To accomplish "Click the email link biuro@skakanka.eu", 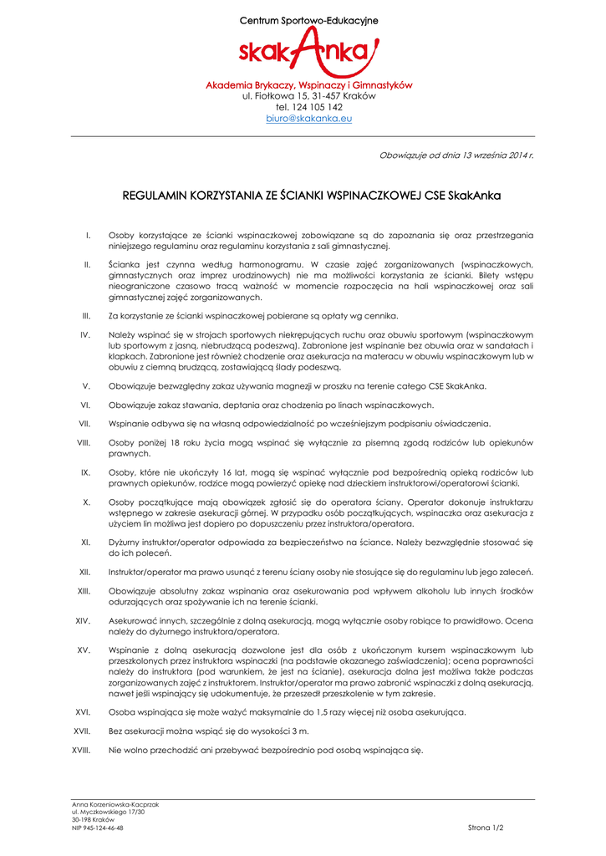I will tap(309, 119).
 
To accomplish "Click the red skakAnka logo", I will tap(308, 53).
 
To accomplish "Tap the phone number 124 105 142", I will tap(316, 107).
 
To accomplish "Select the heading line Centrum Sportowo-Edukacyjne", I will tap(309, 19).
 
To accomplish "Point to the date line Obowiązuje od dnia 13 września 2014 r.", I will tap(456, 155).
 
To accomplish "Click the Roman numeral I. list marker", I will tap(88, 236).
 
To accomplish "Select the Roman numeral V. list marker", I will tap(86, 386).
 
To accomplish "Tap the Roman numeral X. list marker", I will tap(86, 502).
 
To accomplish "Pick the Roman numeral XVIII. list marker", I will tap(81, 750).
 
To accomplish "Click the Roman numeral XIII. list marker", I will tap(84, 591).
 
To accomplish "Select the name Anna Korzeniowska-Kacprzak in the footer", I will tap(115, 804).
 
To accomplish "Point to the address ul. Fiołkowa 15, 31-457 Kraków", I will tap(309, 96).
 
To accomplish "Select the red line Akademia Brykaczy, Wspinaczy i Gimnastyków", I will tap(309, 85).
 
